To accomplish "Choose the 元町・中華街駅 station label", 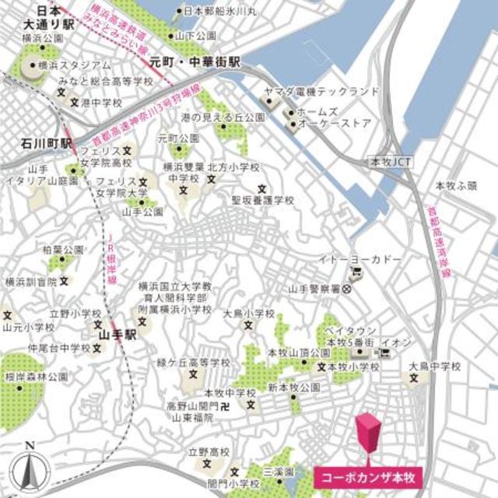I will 206,61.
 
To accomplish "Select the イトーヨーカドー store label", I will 359,259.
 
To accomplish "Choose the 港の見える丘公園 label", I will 212,117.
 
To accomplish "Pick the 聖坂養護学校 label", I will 263,200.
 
